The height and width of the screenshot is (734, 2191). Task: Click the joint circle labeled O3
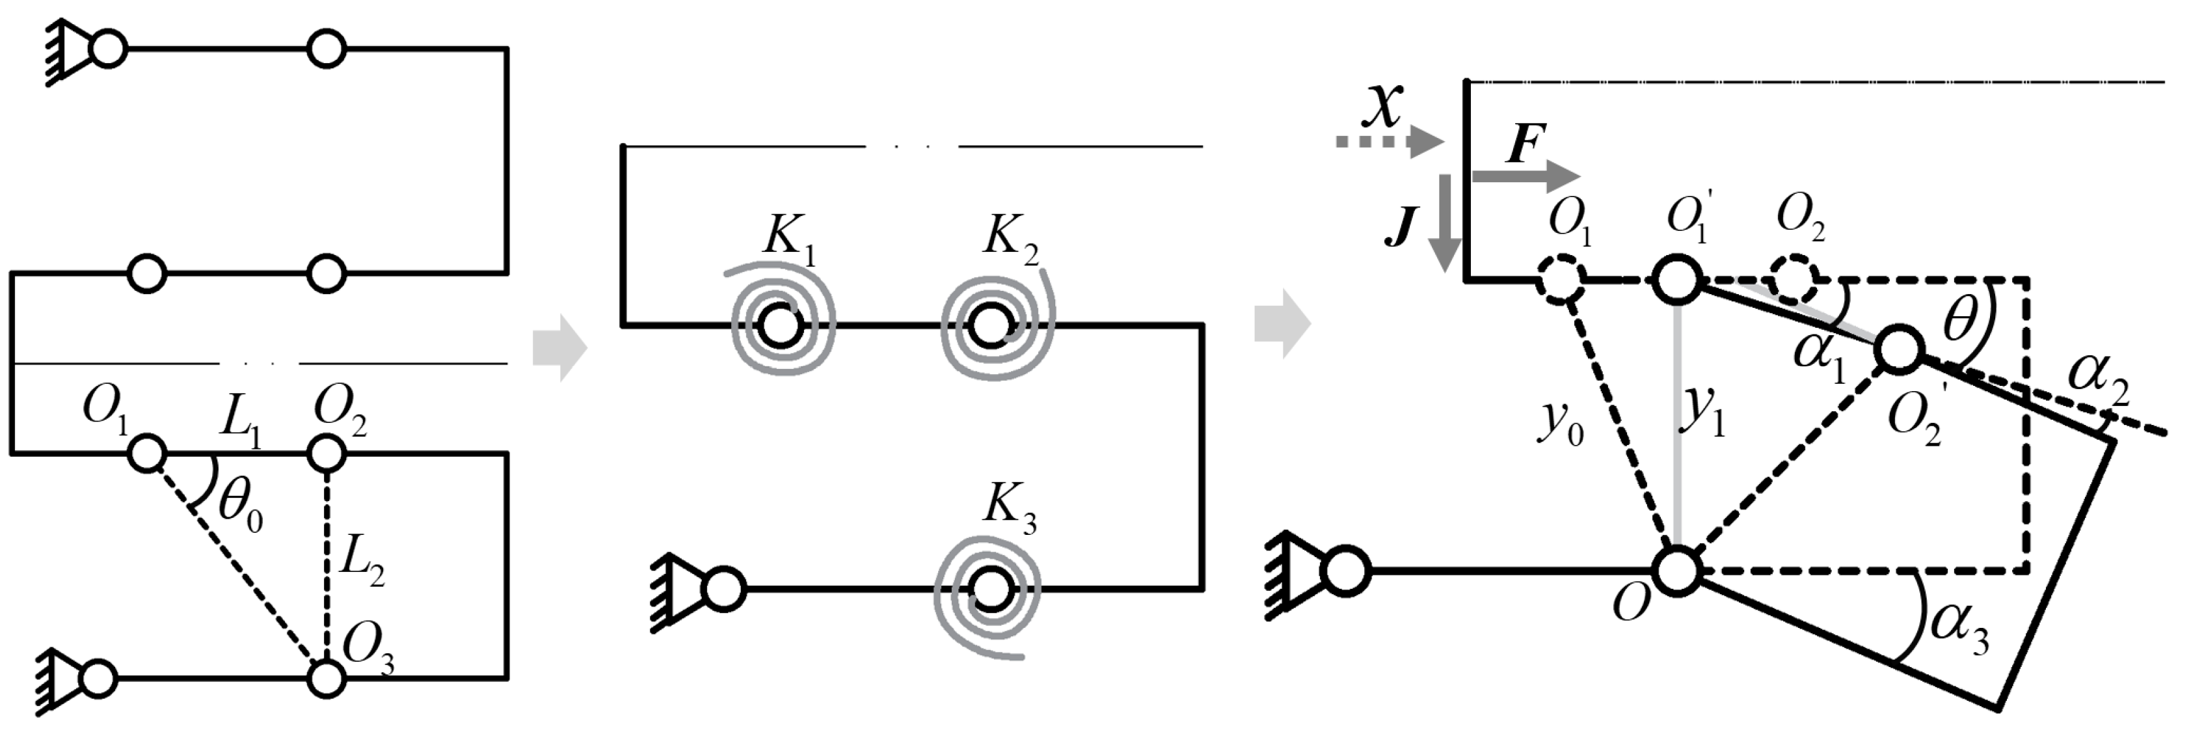(326, 679)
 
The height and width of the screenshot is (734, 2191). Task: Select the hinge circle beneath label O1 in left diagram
(146, 454)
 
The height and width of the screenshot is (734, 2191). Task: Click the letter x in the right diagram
(1386, 105)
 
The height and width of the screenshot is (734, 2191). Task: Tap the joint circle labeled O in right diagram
(1676, 570)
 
